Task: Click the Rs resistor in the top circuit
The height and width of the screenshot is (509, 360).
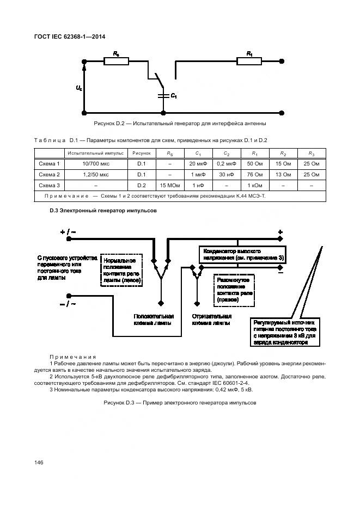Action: point(116,61)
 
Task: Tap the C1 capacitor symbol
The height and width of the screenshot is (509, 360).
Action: point(162,96)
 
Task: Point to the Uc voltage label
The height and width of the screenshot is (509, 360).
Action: point(79,88)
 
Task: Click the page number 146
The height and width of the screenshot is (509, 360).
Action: point(39,462)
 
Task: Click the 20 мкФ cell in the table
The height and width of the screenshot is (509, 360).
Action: point(197,163)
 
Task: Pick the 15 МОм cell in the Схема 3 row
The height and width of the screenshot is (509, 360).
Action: point(169,186)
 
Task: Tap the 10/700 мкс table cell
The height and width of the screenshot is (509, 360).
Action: point(95,163)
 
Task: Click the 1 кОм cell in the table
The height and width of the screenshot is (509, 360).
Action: point(254,186)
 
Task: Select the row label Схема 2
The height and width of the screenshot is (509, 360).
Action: point(49,175)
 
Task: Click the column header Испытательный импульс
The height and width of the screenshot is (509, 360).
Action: point(95,153)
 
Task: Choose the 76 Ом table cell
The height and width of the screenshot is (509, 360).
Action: point(254,175)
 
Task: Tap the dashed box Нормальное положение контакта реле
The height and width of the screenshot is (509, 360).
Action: point(121,268)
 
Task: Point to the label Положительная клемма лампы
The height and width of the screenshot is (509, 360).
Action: point(154,319)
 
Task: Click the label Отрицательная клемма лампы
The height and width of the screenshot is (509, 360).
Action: point(211,319)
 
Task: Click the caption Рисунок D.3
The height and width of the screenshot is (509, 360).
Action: point(179,403)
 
